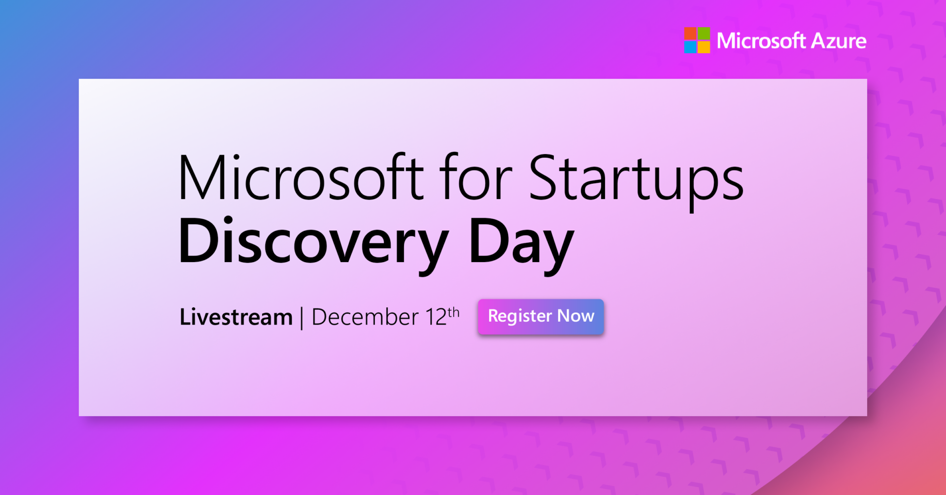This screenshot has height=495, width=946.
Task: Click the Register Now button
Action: click(x=541, y=317)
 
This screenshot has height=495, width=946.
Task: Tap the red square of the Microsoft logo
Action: click(x=690, y=33)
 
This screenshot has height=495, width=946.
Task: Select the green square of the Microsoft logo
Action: click(x=704, y=33)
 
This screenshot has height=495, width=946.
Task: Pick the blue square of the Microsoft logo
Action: click(x=690, y=47)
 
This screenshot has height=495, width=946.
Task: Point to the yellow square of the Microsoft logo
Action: click(x=704, y=47)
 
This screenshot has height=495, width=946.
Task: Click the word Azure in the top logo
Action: click(x=839, y=41)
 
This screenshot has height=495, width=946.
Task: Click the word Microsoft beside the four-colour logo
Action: click(x=761, y=41)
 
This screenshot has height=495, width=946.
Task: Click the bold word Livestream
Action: click(x=236, y=317)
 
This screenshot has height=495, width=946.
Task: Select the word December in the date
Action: click(x=365, y=317)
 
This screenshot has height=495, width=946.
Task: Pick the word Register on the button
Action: click(x=520, y=316)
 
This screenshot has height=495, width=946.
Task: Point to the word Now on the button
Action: click(x=575, y=316)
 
